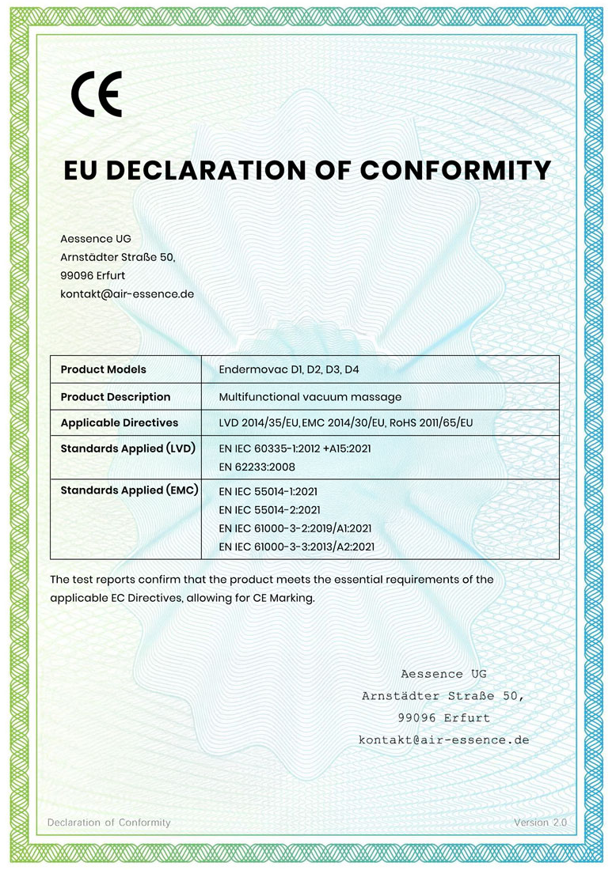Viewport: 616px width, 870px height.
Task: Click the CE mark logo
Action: click(x=96, y=94)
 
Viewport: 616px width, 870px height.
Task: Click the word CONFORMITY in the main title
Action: click(x=455, y=170)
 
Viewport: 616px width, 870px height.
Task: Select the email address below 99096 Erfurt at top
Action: click(x=127, y=293)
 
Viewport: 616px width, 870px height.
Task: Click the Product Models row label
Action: click(x=103, y=369)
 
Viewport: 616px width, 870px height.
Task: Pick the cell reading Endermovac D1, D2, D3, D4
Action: click(x=295, y=369)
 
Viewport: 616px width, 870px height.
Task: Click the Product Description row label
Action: click(x=116, y=396)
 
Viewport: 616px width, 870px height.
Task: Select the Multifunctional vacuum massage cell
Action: click(x=310, y=396)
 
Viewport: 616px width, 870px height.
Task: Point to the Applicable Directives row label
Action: click(x=120, y=422)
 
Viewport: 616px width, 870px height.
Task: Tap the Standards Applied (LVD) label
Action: click(x=127, y=448)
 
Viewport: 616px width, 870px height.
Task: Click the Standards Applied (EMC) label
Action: click(x=129, y=490)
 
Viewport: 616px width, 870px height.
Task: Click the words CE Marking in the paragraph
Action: click(x=283, y=598)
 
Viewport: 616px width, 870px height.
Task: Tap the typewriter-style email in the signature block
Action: click(x=443, y=740)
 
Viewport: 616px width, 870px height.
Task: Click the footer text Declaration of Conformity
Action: click(x=109, y=823)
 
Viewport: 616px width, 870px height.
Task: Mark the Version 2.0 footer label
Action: click(x=540, y=823)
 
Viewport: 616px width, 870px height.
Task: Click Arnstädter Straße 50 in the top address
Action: click(x=117, y=257)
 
